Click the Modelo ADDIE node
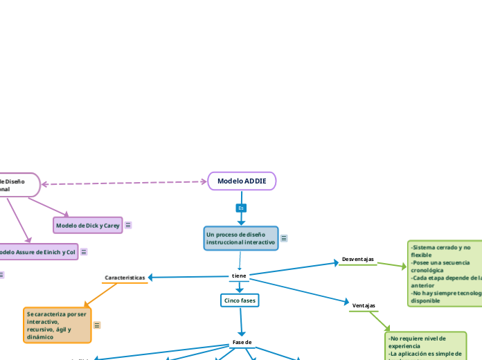coord(242,181)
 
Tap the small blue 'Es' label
coord(241,208)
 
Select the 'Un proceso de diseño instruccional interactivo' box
coord(241,238)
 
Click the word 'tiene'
coord(239,276)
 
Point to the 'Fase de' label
coord(242,342)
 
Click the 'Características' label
coord(125,278)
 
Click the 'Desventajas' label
coord(357,260)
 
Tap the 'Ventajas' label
coord(364,305)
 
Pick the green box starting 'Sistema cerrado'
coord(445,273)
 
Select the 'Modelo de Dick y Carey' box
coord(88,225)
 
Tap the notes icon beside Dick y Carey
coord(128,225)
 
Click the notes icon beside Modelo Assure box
coord(84,252)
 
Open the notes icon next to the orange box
coord(97,325)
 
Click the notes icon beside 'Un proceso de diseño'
coord(284,238)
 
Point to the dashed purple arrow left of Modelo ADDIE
coord(125,183)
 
